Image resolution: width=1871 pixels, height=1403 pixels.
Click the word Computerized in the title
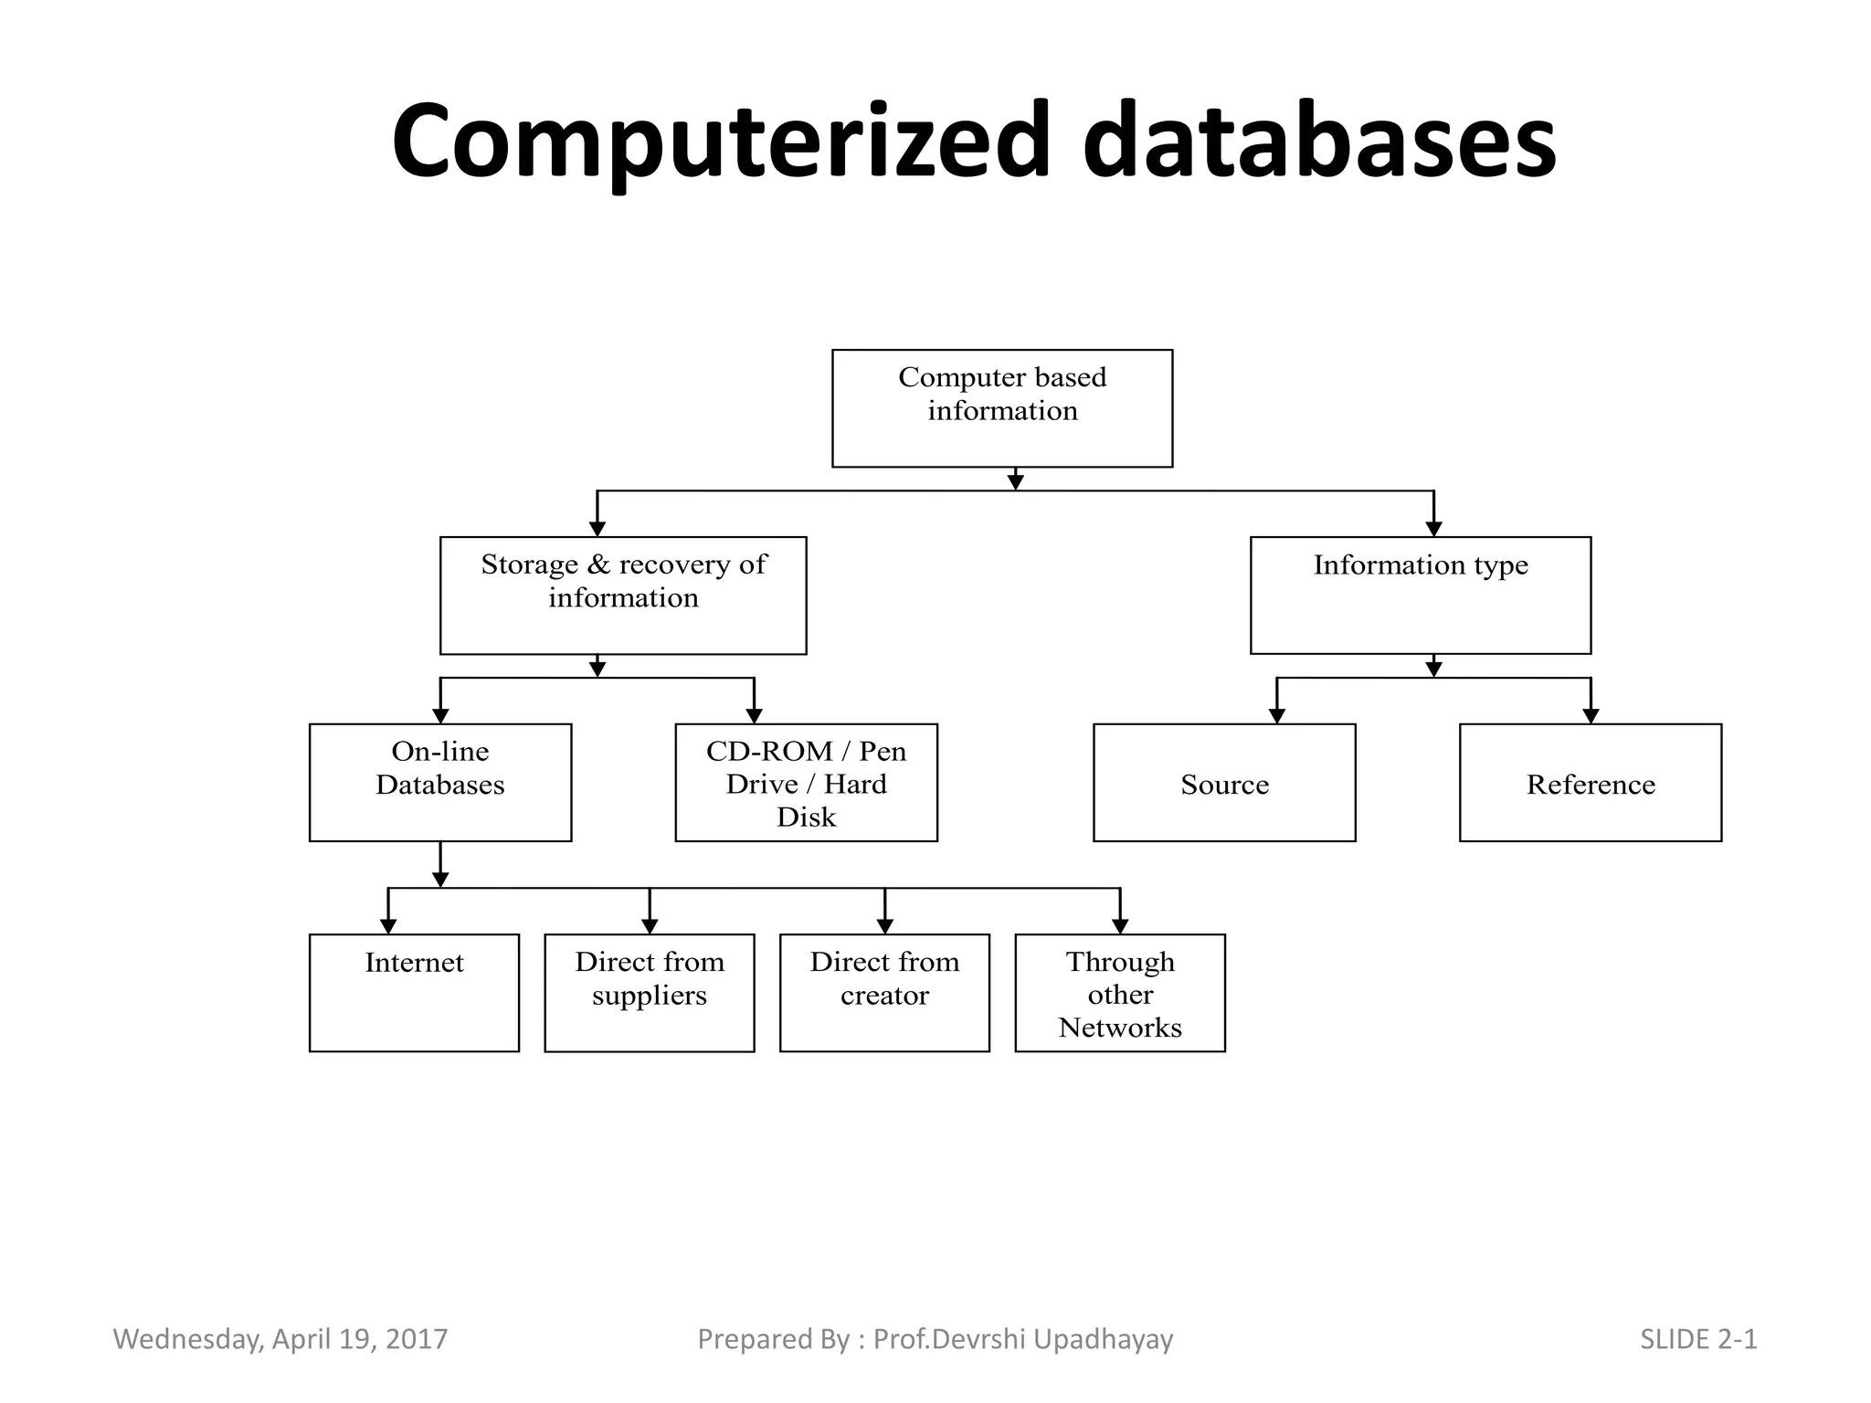click(x=722, y=142)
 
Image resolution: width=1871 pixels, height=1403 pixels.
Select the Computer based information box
click(x=1002, y=408)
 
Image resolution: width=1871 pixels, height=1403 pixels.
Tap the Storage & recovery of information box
click(x=623, y=596)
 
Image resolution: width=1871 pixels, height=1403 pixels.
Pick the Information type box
click(x=1420, y=596)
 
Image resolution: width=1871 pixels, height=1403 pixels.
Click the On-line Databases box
click(x=440, y=783)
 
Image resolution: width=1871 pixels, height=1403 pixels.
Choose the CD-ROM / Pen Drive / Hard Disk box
click(x=806, y=783)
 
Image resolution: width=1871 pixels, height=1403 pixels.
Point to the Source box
click(x=1224, y=783)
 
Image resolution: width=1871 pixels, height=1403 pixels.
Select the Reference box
click(x=1590, y=783)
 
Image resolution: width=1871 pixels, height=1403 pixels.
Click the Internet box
click(x=414, y=993)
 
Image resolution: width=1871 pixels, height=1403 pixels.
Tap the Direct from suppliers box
click(x=649, y=993)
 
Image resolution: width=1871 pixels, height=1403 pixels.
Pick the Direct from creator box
click(x=884, y=993)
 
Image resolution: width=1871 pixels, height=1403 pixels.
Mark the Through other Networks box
click(x=1120, y=993)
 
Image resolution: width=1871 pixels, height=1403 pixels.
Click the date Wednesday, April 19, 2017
click(x=280, y=1339)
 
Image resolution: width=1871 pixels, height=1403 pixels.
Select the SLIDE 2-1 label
click(x=1698, y=1339)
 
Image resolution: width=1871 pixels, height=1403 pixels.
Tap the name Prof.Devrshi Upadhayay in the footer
click(x=1022, y=1339)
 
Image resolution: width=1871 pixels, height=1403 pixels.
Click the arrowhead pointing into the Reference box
click(x=1591, y=715)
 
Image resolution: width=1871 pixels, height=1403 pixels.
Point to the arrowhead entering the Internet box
click(x=388, y=925)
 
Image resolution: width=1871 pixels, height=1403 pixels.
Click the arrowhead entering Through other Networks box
click(x=1120, y=925)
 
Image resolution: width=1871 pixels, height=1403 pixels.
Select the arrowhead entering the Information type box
click(x=1433, y=528)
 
